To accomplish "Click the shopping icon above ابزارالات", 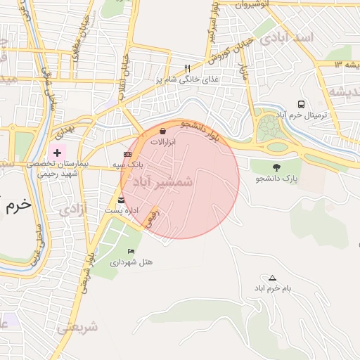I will (x=163, y=131).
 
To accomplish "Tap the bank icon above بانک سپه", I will (x=127, y=154).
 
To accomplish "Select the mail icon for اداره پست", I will (x=122, y=200).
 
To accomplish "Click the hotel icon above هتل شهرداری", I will (x=131, y=251).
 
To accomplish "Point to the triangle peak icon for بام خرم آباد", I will (x=272, y=278).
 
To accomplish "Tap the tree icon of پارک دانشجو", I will (x=276, y=167).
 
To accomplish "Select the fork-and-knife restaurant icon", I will (x=187, y=69).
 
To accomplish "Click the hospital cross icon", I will (x=57, y=153).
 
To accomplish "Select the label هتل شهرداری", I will (x=131, y=262).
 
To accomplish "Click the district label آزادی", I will (x=73, y=209).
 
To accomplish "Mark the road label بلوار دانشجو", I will (x=200, y=131).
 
